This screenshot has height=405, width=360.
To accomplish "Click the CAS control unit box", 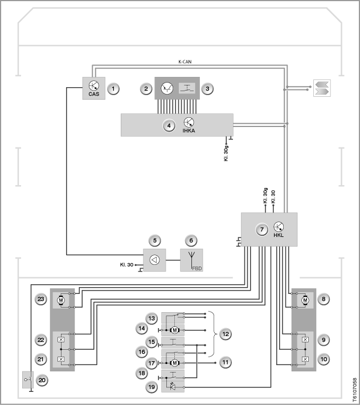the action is click(94, 88).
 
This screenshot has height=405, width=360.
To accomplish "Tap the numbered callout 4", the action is click(169, 126).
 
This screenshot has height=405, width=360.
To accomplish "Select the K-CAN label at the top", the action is click(185, 62).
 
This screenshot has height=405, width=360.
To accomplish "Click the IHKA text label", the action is click(189, 130).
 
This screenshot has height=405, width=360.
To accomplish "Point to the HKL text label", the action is click(279, 235).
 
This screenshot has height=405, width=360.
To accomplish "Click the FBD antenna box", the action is click(191, 260).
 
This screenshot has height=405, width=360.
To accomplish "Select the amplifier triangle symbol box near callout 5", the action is click(154, 260).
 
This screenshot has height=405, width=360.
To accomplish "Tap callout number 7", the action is click(262, 230).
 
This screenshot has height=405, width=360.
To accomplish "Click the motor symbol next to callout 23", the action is click(61, 300).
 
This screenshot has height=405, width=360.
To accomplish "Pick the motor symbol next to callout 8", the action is click(305, 300).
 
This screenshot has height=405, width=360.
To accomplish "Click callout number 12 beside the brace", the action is click(226, 334).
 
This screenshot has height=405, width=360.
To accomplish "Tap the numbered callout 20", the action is click(42, 380).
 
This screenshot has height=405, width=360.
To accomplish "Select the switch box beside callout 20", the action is click(28, 380).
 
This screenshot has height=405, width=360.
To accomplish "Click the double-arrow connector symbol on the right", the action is click(322, 88).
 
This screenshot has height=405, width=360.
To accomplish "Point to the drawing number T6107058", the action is click(354, 390).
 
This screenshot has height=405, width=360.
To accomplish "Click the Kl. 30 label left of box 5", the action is click(126, 265).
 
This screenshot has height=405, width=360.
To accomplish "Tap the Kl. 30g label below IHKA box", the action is click(226, 153).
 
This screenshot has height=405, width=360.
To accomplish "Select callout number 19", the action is click(152, 387).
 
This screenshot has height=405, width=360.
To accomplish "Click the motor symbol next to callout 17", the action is click(174, 363).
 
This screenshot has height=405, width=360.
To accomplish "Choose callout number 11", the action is click(226, 362).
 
